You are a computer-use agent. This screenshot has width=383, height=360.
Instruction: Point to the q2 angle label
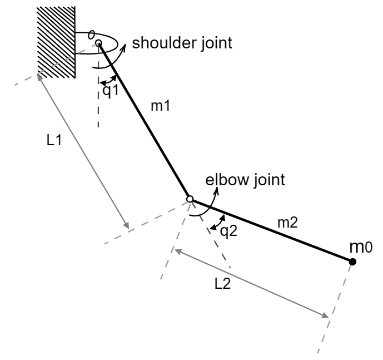(228, 231)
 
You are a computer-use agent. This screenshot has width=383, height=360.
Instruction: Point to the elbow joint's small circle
(190, 199)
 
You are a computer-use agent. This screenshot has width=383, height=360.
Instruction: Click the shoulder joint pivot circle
(98, 42)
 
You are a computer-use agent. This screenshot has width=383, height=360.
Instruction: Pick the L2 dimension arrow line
(250, 283)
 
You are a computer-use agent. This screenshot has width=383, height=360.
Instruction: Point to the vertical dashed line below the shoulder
(98, 111)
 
